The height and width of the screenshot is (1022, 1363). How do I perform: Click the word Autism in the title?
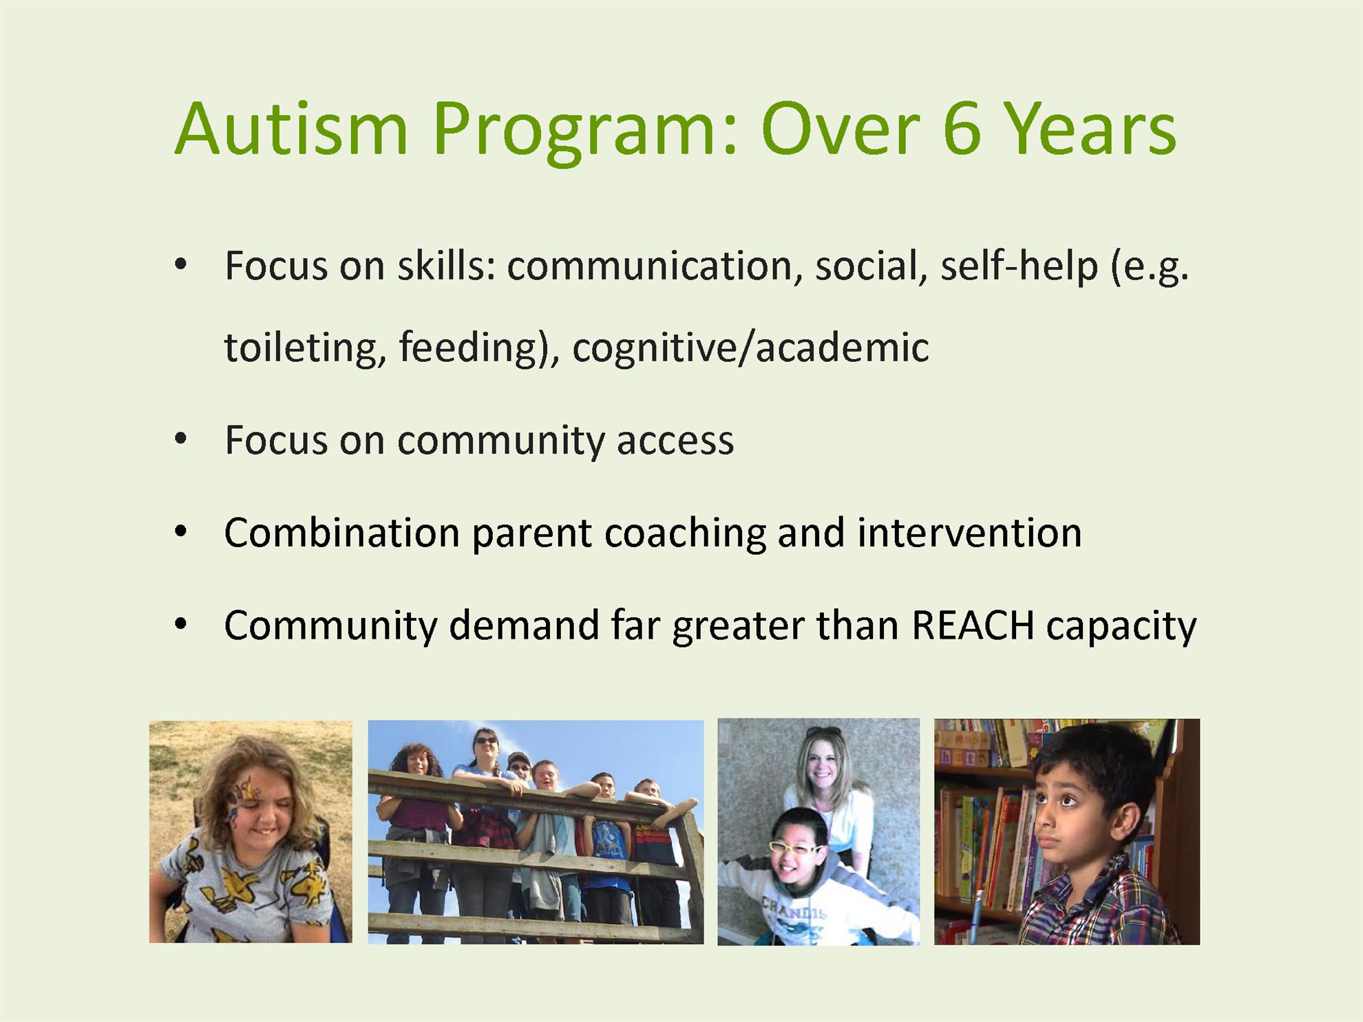click(x=291, y=129)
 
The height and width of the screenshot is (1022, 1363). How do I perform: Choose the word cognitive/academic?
click(x=750, y=347)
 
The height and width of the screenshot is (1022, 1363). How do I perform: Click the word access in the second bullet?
click(x=675, y=441)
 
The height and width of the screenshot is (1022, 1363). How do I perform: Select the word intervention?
click(x=969, y=533)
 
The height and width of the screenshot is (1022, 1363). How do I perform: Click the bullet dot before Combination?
click(x=181, y=532)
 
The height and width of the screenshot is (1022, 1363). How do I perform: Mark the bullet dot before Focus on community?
click(x=181, y=439)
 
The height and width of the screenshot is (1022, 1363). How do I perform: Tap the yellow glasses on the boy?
click(x=795, y=848)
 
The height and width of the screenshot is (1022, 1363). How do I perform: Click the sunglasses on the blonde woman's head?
click(x=823, y=732)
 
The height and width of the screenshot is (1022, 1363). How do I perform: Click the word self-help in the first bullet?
click(x=1019, y=266)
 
